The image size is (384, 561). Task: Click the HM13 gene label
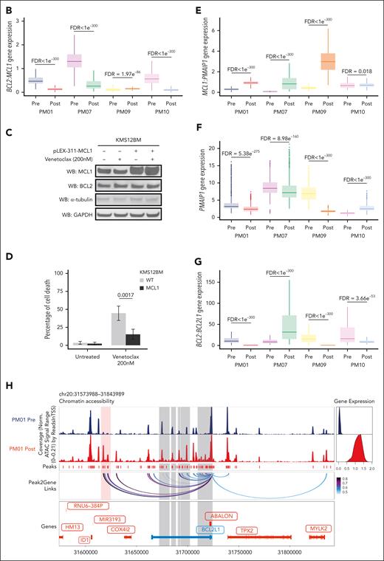point(72,529)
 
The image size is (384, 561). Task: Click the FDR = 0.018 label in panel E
point(355,72)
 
